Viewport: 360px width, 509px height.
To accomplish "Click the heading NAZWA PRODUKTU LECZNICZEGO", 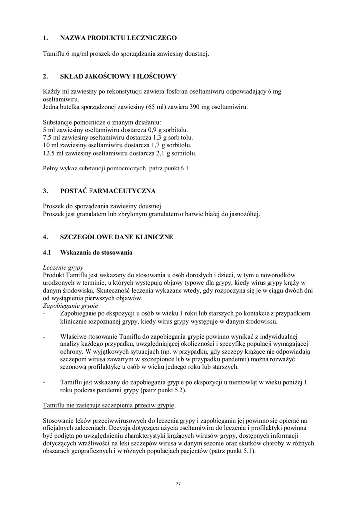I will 118,38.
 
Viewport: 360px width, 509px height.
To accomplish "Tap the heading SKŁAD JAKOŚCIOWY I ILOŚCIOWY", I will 118,76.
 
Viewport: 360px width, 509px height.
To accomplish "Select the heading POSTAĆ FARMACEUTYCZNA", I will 107,191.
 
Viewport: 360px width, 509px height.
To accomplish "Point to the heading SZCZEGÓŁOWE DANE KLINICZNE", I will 116,237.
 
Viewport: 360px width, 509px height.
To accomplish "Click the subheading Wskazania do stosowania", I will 96,253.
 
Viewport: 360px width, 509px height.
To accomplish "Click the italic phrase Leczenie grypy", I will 63,267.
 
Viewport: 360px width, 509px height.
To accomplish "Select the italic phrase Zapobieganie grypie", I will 71,305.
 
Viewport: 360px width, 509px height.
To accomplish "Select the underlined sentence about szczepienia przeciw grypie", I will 109,406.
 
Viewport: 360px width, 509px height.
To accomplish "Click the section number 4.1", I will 48,253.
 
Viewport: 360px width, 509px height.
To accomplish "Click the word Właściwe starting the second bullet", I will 73,337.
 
